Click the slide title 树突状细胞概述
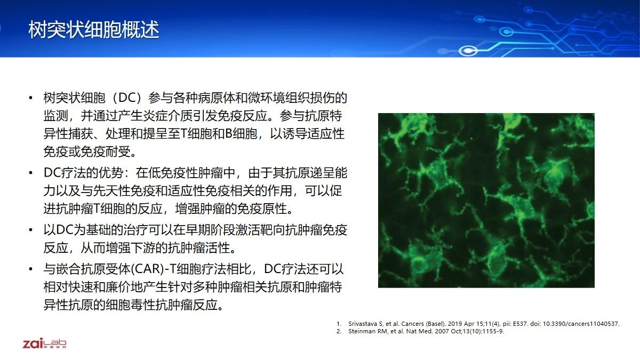94,29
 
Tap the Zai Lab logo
45,343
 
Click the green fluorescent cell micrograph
486,201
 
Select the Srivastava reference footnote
478,324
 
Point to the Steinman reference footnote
420,331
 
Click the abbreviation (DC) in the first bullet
127,98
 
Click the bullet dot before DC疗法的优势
31,173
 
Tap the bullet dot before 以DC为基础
31,230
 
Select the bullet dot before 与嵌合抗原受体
31,269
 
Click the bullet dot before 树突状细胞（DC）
31,98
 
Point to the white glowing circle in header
468,51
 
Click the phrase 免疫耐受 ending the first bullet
106,151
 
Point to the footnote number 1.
339,324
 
